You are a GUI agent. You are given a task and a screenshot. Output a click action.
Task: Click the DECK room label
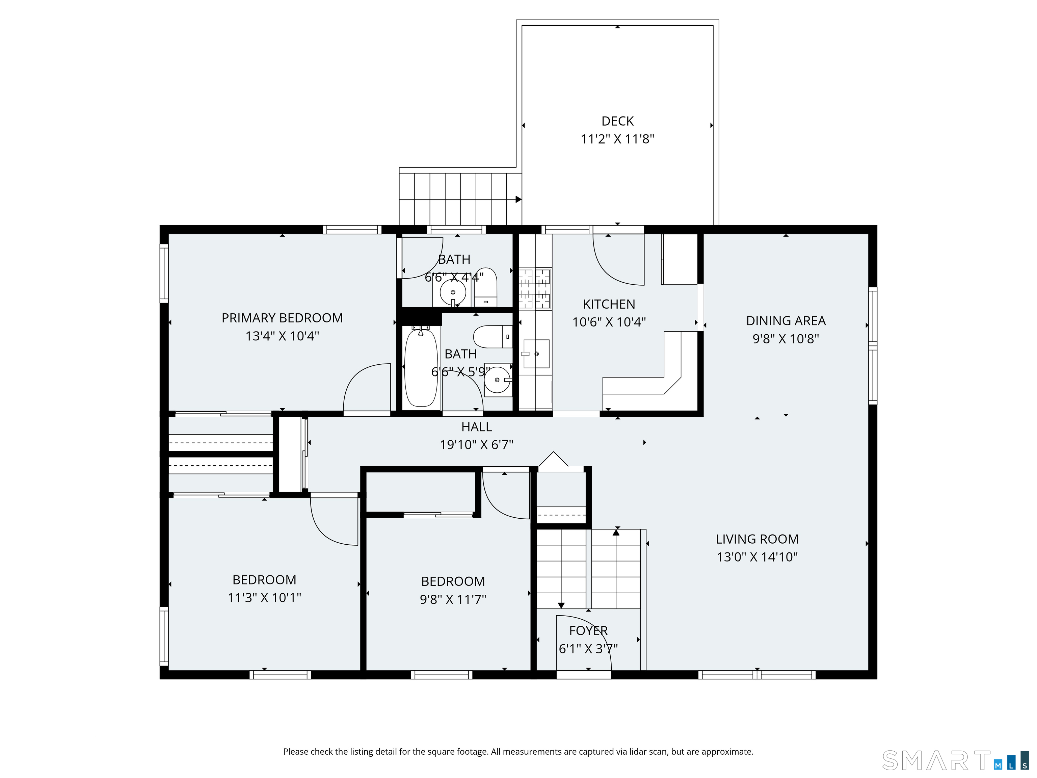point(617,121)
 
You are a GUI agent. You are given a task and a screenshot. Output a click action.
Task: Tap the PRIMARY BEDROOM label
point(282,318)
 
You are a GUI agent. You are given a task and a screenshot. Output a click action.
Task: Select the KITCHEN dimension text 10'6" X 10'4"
point(609,322)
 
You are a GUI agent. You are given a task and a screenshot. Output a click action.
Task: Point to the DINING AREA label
point(786,321)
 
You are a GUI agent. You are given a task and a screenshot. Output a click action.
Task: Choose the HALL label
point(477,427)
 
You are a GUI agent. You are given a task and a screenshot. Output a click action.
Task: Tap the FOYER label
point(588,631)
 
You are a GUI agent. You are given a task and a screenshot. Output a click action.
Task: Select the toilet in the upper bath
point(486,287)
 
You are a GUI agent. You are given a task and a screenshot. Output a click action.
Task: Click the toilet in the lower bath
point(493,337)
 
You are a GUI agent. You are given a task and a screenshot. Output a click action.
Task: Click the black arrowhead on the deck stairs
point(518,199)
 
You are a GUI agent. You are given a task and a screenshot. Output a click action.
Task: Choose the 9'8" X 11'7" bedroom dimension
point(453,599)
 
